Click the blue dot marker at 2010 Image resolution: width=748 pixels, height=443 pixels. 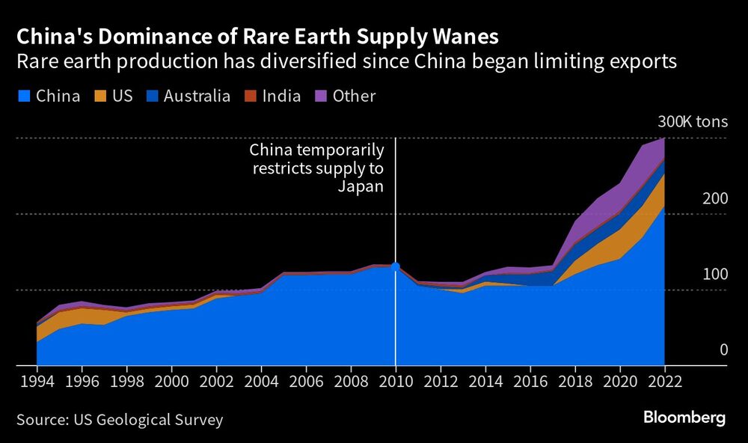[x=396, y=266]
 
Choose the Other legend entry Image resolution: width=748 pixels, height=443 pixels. [x=345, y=97]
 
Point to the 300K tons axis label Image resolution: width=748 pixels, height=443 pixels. [x=691, y=122]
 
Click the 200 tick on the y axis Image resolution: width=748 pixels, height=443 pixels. [x=714, y=199]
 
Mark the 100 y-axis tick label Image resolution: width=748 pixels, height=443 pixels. [x=714, y=275]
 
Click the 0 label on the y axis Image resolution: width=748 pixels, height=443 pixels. [x=723, y=350]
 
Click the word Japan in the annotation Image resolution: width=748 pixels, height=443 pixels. [x=361, y=187]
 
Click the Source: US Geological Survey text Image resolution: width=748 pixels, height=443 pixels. [x=120, y=420]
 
